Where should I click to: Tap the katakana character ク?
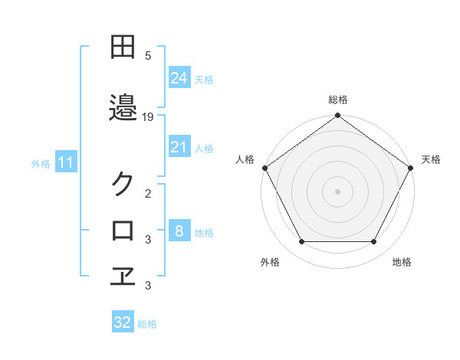(x=123, y=184)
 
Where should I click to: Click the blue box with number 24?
(x=179, y=77)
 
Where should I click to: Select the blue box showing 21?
(x=179, y=147)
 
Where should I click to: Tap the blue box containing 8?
(x=179, y=231)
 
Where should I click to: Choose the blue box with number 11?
(x=67, y=162)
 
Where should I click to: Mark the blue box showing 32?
(x=123, y=322)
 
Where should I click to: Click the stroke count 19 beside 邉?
(x=149, y=117)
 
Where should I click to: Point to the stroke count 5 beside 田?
(x=148, y=55)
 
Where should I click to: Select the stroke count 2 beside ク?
(x=148, y=195)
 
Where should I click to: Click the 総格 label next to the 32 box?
(x=148, y=324)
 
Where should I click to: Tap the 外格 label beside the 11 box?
(x=41, y=163)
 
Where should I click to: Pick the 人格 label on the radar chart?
(x=245, y=159)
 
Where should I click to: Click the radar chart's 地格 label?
(x=402, y=262)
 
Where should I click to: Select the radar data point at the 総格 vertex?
(x=337, y=116)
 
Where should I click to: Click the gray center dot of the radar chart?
(x=337, y=191)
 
